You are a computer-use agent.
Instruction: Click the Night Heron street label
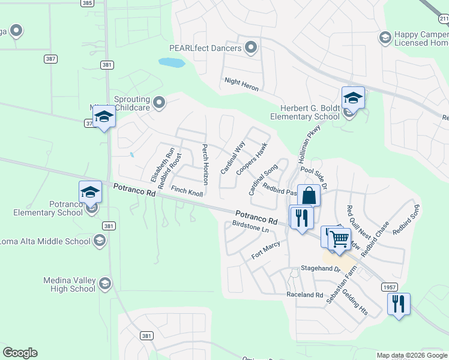click(x=241, y=84)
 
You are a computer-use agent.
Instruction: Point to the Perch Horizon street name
click(x=205, y=164)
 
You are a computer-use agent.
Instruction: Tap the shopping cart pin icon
click(x=339, y=239)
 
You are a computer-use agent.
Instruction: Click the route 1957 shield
click(x=388, y=288)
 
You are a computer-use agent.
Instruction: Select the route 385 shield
click(x=87, y=3)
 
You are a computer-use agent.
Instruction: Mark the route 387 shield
click(x=51, y=59)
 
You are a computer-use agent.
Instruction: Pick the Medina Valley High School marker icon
click(x=105, y=283)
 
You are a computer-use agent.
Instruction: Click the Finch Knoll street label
click(x=187, y=191)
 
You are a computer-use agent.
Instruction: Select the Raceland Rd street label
click(x=304, y=295)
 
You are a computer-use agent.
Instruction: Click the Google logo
click(x=20, y=353)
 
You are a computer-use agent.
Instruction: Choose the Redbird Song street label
click(x=406, y=220)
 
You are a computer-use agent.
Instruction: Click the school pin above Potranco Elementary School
click(x=91, y=192)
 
